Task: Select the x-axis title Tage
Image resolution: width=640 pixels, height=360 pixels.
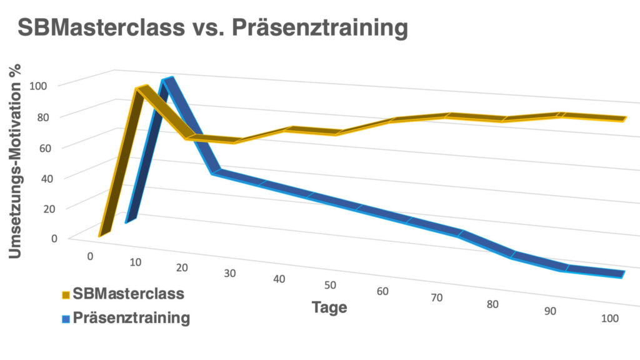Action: pos(329,307)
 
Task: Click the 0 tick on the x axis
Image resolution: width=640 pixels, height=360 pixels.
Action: pos(91,256)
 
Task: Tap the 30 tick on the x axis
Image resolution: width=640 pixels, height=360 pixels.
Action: pos(231,273)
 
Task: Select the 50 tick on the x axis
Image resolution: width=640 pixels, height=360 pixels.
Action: pos(331,285)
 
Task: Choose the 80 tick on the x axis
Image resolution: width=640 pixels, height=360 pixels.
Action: pos(493,304)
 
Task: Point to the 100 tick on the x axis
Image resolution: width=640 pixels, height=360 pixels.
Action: pos(610,318)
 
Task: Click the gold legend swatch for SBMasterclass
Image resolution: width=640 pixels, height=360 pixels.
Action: pos(65,294)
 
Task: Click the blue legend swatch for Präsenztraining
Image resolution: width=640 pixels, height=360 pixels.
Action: pos(65,318)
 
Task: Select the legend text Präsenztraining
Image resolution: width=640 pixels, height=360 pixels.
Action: pos(131,317)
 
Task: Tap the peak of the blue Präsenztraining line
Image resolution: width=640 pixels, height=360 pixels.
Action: pos(166,80)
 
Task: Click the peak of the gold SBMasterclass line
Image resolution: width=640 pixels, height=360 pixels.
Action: pos(141,88)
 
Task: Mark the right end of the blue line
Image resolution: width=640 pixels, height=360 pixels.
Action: pos(622,274)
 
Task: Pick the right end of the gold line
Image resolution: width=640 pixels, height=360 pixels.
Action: pos(624,118)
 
